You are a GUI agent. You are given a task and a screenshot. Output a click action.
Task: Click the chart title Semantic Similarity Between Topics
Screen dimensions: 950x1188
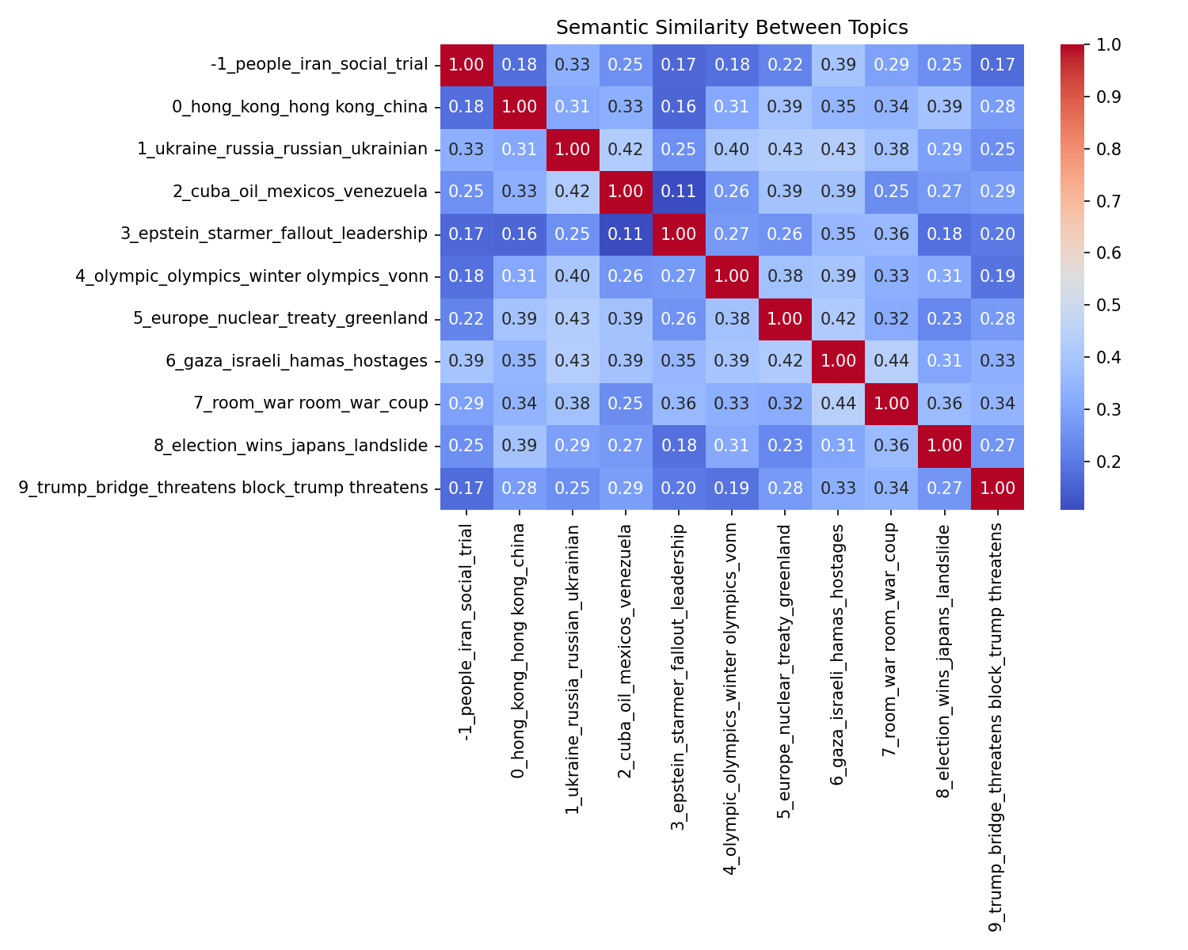click(x=732, y=28)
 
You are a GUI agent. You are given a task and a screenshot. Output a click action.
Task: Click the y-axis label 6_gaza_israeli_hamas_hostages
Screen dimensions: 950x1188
click(x=297, y=361)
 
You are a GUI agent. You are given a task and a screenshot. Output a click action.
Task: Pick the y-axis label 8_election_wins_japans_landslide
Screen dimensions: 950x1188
click(x=291, y=446)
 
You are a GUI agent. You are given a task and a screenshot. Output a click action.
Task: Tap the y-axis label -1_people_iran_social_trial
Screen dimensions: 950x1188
click(x=319, y=65)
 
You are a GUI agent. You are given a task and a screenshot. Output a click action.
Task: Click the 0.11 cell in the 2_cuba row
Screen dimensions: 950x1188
click(x=679, y=192)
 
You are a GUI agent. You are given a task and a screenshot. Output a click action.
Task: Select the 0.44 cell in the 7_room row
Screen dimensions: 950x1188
click(x=838, y=404)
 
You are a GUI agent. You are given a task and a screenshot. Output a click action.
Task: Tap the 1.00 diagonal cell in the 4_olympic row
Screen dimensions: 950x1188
click(x=732, y=276)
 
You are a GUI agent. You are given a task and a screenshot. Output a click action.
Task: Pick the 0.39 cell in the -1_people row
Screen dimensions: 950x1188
click(x=838, y=65)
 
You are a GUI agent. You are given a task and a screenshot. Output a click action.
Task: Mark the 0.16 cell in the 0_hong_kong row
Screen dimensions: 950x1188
click(x=679, y=107)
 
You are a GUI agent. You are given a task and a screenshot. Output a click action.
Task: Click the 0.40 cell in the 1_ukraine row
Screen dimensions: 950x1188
click(x=732, y=150)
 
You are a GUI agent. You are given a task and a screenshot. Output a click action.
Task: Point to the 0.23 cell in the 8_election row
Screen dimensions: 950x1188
click(x=785, y=446)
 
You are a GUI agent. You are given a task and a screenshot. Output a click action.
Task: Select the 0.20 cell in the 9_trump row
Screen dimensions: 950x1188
click(x=679, y=488)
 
